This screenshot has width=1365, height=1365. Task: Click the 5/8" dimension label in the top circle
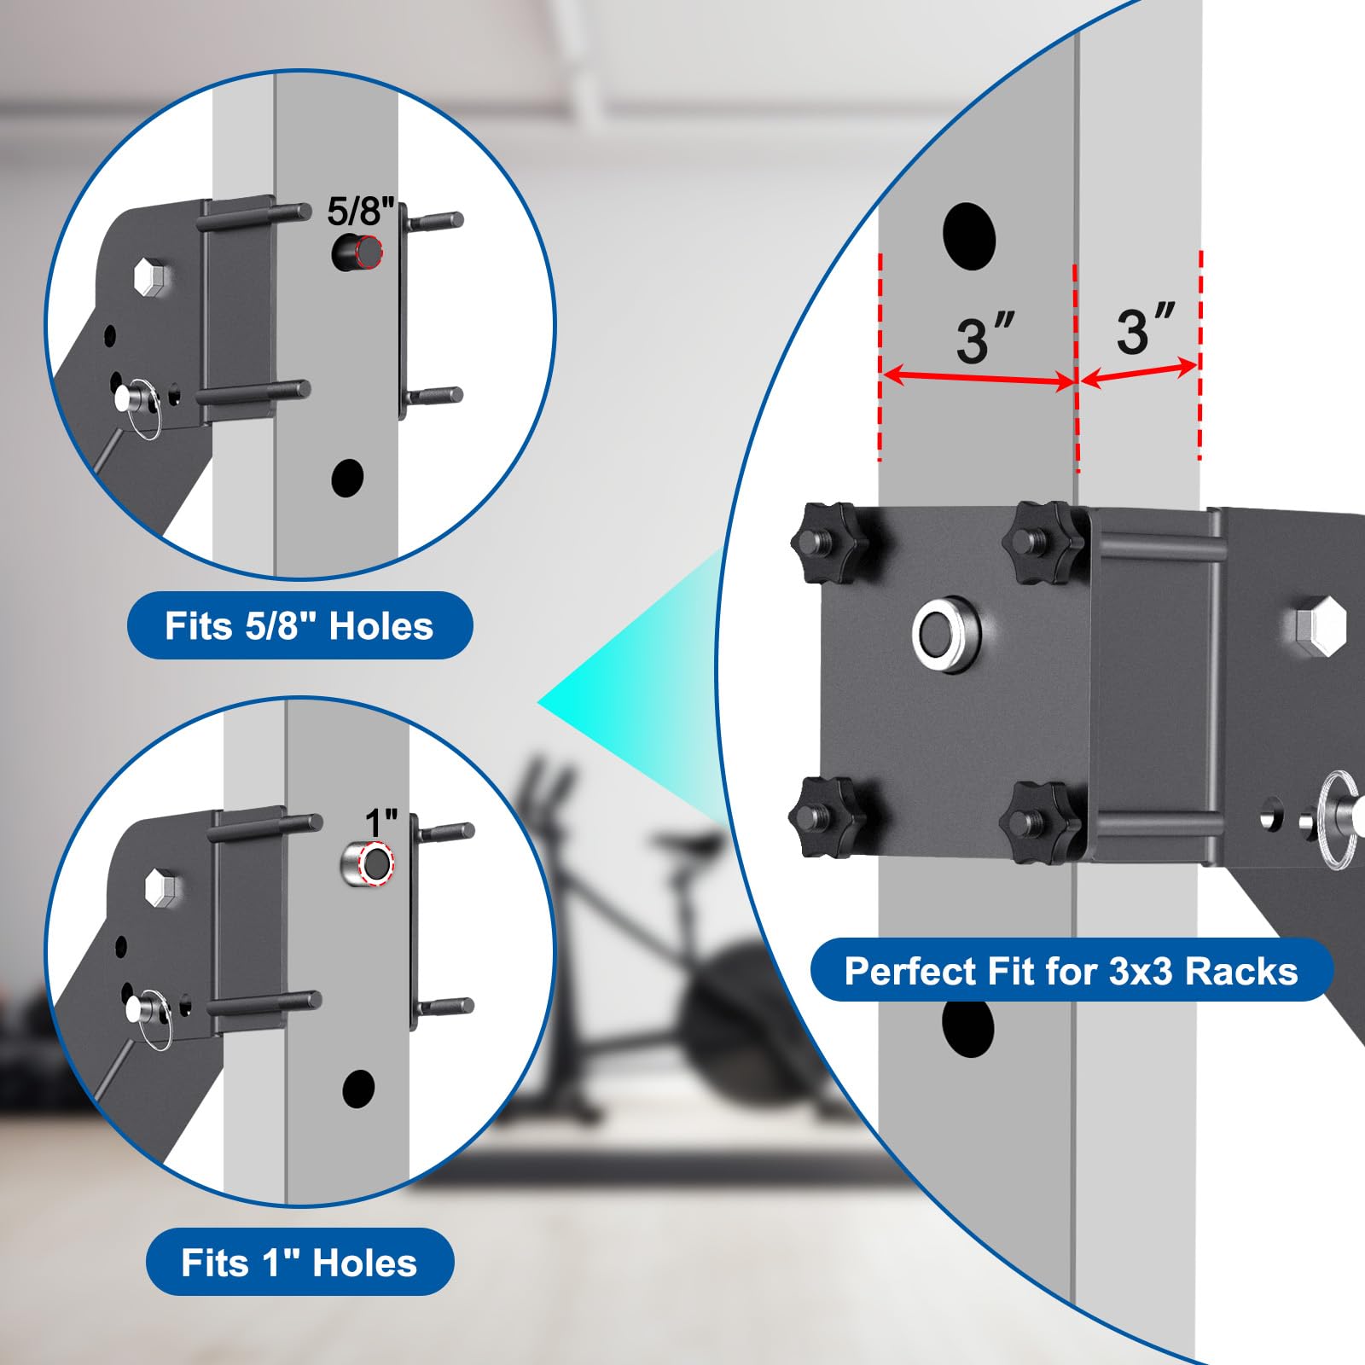pyautogui.click(x=362, y=212)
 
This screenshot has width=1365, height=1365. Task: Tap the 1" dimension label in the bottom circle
pyautogui.click(x=380, y=823)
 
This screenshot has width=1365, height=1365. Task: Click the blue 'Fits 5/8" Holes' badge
pyautogui.click(x=299, y=625)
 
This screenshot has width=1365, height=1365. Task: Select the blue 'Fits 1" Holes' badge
pyautogui.click(x=299, y=1262)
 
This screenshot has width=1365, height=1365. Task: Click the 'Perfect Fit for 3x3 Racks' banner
pyautogui.click(x=1072, y=971)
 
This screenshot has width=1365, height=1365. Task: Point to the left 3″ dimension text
pyautogui.click(x=985, y=339)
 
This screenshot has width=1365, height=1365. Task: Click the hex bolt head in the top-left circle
pyautogui.click(x=151, y=277)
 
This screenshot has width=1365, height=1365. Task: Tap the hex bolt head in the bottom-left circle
pyautogui.click(x=160, y=888)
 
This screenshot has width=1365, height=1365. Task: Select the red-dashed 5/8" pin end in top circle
pyautogui.click(x=369, y=251)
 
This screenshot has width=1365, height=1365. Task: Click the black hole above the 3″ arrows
pyautogui.click(x=969, y=236)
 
